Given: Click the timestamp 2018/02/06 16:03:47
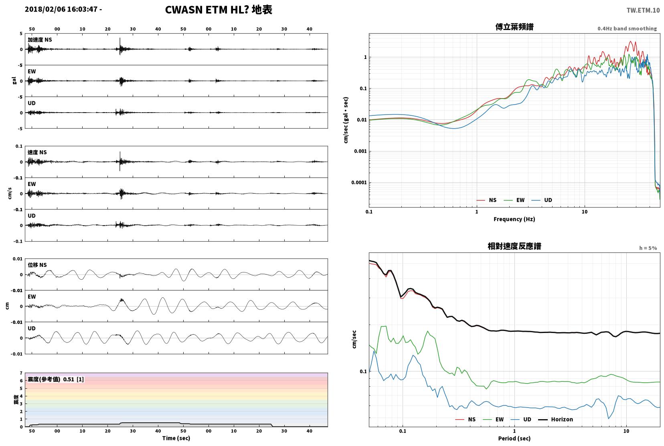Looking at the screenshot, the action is click(x=61, y=9).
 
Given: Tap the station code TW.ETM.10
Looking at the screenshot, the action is click(x=643, y=10).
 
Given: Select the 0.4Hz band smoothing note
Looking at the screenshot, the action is click(x=627, y=28).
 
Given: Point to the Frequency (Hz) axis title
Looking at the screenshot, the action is click(x=514, y=219).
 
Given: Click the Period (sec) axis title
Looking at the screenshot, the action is click(x=514, y=438).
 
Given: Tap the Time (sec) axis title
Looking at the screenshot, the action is click(x=176, y=438).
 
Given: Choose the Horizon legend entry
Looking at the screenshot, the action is click(x=555, y=419).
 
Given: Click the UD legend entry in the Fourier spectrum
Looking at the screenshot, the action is click(x=542, y=200).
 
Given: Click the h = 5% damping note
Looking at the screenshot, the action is click(x=648, y=248).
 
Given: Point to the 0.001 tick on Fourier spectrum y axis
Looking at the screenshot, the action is click(x=360, y=151).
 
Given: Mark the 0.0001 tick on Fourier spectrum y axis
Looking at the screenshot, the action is click(x=359, y=182).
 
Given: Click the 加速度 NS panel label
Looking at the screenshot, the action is click(x=40, y=40).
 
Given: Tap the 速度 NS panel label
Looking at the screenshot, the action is click(x=37, y=152).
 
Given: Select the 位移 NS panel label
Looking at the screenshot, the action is click(x=37, y=265).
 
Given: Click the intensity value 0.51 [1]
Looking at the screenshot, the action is click(x=73, y=379).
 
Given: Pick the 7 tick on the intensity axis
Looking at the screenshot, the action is click(x=21, y=373).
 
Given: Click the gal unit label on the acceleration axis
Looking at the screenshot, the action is click(x=14, y=81).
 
